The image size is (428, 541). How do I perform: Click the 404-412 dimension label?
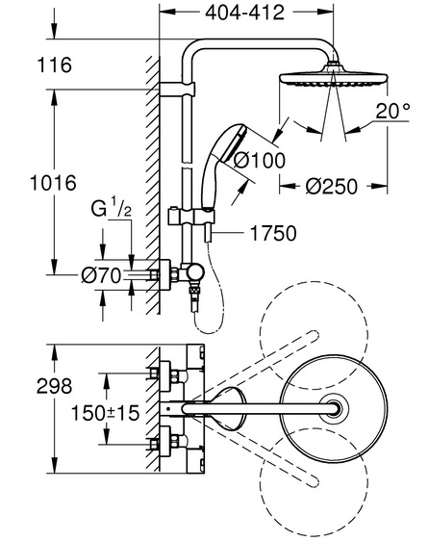(x=244, y=13)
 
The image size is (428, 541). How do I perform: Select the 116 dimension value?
(x=55, y=64)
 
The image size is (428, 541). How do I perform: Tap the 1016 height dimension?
(x=53, y=183)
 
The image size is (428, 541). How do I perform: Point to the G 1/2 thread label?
(x=111, y=209)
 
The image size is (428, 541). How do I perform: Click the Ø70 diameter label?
(x=101, y=275)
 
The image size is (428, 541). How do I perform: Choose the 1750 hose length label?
(x=273, y=233)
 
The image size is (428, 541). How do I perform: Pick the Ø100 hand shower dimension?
(x=260, y=161)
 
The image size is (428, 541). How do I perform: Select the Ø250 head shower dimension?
(x=332, y=187)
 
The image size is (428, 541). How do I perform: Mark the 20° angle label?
(x=392, y=111)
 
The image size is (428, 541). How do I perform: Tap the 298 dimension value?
(x=55, y=386)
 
